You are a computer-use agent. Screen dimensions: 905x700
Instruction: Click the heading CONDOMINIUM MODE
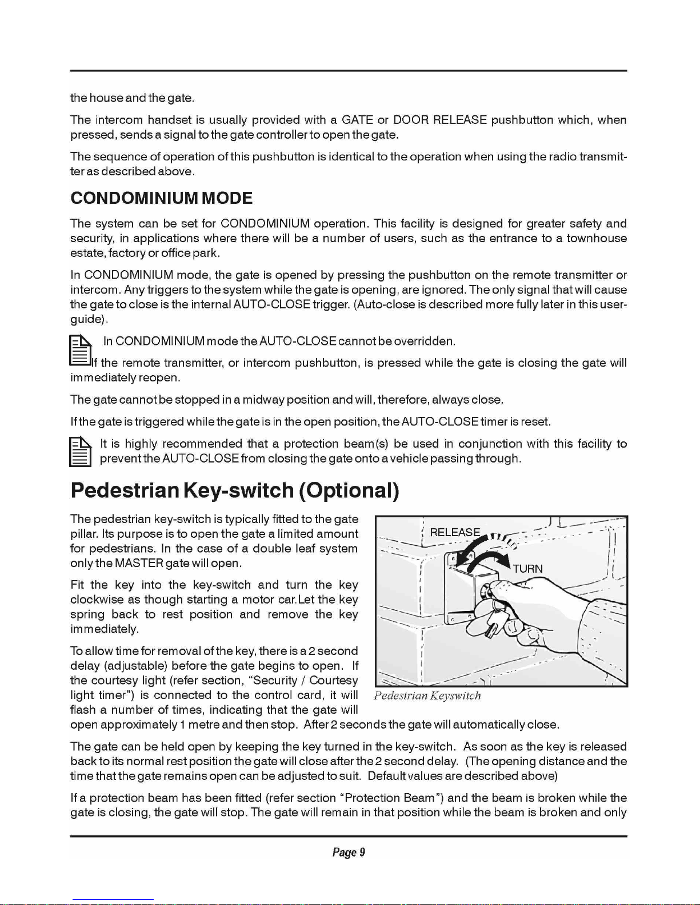tap(161, 198)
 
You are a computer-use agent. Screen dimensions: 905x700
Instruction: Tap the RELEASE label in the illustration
tap(455, 532)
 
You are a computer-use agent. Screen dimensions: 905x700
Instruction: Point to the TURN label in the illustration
tap(527, 569)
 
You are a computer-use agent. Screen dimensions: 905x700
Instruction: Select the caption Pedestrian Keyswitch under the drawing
tap(427, 695)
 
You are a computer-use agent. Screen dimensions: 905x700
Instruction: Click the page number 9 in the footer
tap(362, 852)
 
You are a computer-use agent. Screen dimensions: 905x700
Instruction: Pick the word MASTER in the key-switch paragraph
tap(139, 564)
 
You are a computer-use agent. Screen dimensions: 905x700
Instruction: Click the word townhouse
tap(597, 238)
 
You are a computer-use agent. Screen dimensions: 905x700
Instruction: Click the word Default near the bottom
tap(387, 776)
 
